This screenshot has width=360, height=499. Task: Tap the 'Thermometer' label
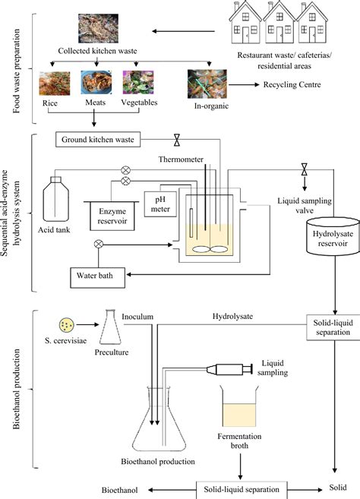coord(185,160)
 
